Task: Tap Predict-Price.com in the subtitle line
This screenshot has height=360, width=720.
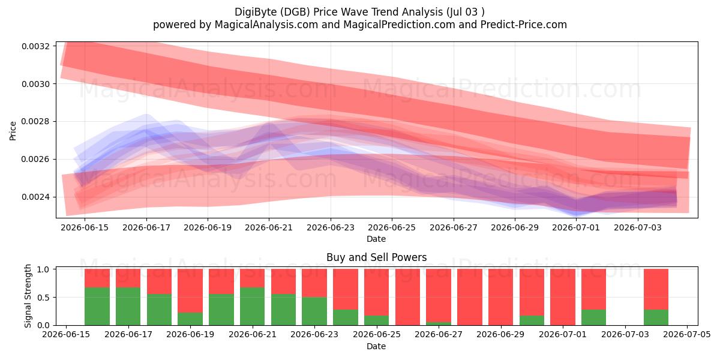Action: click(x=524, y=25)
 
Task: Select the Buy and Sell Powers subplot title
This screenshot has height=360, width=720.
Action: click(x=376, y=257)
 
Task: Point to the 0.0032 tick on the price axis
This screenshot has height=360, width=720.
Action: click(x=35, y=46)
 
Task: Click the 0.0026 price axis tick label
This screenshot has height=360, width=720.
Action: click(x=35, y=160)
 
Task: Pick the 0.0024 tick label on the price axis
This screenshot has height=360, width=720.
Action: click(x=35, y=197)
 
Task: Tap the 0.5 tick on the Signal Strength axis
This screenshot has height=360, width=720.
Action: click(x=43, y=298)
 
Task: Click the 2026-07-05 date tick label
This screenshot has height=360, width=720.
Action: click(x=687, y=335)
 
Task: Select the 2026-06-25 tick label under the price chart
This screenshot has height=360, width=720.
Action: click(x=392, y=227)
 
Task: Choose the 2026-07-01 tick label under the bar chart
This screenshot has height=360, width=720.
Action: click(x=563, y=335)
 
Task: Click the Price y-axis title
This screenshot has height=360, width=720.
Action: click(x=13, y=131)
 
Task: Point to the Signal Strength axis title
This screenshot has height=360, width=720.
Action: click(x=28, y=296)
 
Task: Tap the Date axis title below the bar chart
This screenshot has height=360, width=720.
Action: click(x=376, y=346)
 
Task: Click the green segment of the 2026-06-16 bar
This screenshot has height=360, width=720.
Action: click(x=97, y=307)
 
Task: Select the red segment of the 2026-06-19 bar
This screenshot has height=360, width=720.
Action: click(x=190, y=291)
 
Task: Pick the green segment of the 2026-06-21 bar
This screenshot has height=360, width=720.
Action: click(x=253, y=307)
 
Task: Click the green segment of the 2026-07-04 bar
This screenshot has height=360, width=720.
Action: click(x=656, y=317)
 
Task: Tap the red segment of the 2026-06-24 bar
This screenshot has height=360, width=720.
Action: click(x=346, y=289)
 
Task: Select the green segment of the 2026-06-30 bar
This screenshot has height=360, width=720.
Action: click(x=532, y=320)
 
